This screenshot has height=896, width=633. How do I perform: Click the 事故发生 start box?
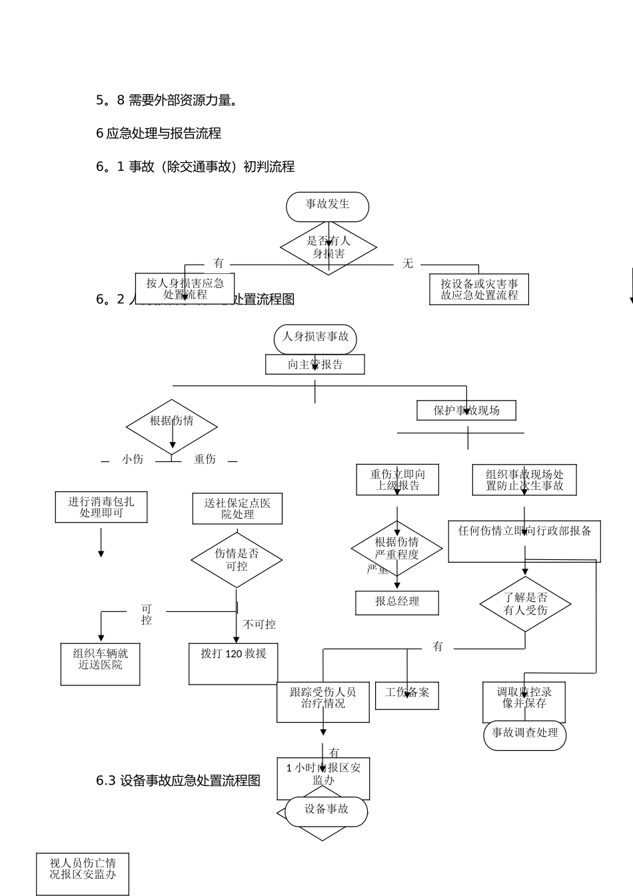(327, 206)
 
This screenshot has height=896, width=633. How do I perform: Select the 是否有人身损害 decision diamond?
(328, 247)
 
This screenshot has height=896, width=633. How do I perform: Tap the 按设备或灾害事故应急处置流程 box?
(478, 289)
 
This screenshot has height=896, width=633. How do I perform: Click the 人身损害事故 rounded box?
(315, 338)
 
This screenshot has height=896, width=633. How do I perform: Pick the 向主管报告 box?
(315, 365)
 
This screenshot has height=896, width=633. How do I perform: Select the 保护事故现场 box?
(466, 410)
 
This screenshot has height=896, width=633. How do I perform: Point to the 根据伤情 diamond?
(172, 425)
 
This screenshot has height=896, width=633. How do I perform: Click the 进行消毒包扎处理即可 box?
(101, 507)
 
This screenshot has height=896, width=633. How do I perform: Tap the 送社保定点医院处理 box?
(237, 509)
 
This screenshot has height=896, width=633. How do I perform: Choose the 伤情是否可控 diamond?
(237, 560)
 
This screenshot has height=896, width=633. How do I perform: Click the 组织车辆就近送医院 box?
(101, 663)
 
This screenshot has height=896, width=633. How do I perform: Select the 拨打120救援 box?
(233, 663)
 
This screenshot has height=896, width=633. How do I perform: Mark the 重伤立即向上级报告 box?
(397, 480)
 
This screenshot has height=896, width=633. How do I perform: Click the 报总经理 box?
(397, 602)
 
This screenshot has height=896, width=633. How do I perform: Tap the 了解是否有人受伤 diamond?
(525, 604)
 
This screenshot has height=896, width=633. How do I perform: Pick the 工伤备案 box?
(407, 695)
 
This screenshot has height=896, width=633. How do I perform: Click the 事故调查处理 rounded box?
(524, 733)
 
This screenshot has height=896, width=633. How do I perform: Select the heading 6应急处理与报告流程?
(159, 133)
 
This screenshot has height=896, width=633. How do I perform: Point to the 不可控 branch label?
(259, 625)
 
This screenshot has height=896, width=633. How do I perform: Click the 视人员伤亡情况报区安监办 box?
(83, 873)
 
